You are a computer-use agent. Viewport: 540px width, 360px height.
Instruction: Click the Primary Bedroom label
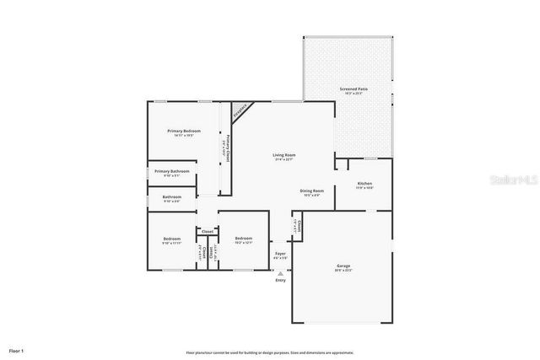point(183,131)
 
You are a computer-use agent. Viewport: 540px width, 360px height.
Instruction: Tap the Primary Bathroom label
point(175,171)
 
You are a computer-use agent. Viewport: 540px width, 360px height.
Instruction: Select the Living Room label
point(283,155)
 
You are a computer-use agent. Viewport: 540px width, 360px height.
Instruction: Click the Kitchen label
point(364,183)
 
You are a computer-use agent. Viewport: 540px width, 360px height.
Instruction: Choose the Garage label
point(343,266)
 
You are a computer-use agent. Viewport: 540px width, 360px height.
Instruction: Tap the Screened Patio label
point(353,89)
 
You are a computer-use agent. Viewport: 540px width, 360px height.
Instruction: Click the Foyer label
point(280,252)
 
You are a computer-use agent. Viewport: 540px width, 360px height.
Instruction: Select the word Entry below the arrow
point(280,280)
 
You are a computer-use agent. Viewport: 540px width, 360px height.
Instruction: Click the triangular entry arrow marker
point(280,272)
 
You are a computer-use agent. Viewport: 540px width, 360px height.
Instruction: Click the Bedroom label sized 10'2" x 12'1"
point(244,239)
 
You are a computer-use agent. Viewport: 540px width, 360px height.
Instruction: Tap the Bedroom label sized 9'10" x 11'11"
point(172,239)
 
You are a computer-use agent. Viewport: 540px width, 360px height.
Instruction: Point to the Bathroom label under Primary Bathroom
point(171,197)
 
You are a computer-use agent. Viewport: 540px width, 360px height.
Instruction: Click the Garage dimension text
point(343,271)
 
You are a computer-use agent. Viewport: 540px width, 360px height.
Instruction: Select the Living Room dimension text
point(283,160)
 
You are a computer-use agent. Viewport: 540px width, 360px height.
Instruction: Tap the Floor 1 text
point(16,349)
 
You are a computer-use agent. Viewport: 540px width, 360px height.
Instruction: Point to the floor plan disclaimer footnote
point(270,352)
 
